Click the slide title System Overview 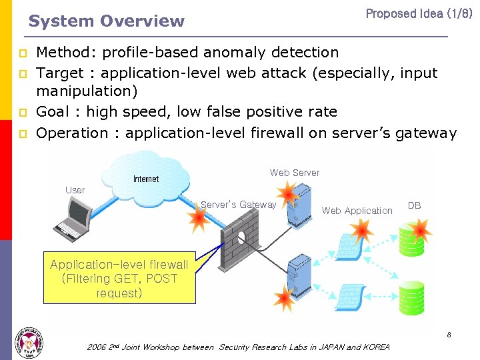[106, 21]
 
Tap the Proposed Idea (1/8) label [419, 13]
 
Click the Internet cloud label [146, 179]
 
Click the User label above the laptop [75, 190]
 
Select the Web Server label [295, 173]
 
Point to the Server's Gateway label [238, 205]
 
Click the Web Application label [357, 211]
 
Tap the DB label [414, 205]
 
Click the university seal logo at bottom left [28, 343]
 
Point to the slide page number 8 [449, 335]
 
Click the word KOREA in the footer [377, 347]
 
